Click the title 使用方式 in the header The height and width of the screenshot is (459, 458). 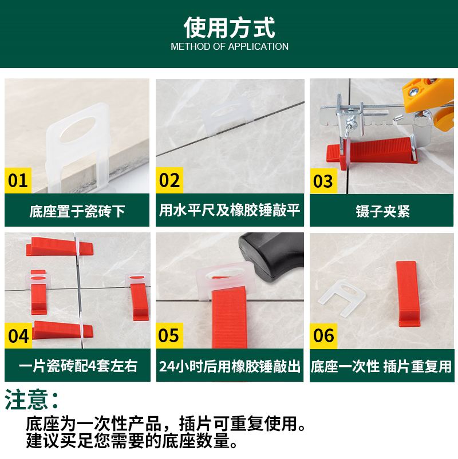tap(229, 27)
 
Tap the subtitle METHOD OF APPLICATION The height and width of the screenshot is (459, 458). tap(229, 46)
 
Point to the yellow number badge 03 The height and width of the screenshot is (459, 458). tap(323, 181)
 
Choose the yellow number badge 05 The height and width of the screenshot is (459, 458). tap(169, 335)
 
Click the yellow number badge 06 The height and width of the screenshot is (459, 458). tap(323, 335)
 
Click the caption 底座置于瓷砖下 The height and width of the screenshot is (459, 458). tap(77, 211)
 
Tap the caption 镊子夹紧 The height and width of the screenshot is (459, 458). tap(382, 211)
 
